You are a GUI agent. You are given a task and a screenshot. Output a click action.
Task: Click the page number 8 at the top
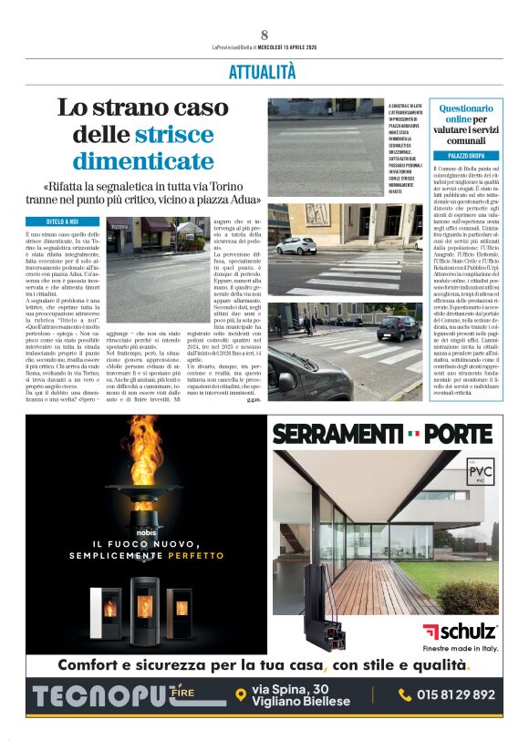click(264, 35)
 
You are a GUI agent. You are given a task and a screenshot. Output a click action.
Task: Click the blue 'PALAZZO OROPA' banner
click(465, 156)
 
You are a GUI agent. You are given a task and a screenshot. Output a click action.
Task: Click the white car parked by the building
click(296, 245)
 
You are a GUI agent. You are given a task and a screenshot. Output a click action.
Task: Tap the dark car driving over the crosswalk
click(399, 328)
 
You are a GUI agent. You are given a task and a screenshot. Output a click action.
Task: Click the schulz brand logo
click(460, 631)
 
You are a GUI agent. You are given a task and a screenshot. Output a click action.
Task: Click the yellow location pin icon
click(241, 694)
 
